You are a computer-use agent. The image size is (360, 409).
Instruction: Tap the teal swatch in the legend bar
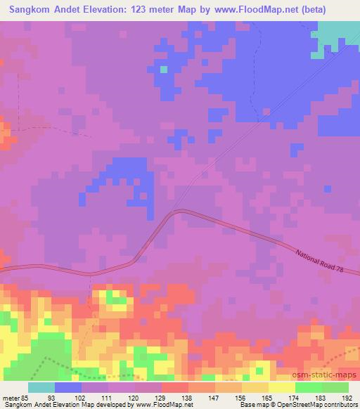point(41,387)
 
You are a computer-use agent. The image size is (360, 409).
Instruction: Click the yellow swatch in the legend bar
point(282,387)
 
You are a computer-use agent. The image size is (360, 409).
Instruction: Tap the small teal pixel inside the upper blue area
point(163,69)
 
